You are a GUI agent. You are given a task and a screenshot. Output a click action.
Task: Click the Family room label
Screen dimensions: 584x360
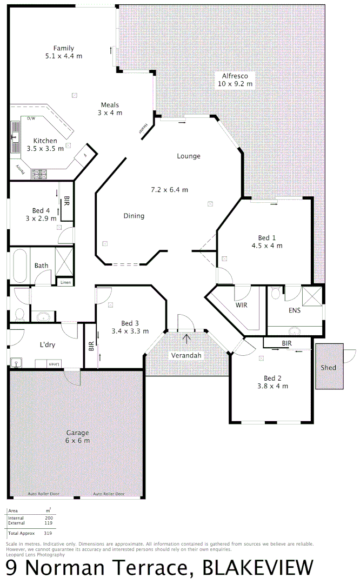[64, 48]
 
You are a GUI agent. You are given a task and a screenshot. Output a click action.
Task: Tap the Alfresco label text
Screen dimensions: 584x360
[235, 76]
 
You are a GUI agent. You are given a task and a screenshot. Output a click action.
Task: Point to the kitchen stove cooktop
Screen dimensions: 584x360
[39, 174]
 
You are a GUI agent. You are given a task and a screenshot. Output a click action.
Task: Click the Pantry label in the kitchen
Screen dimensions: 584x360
[20, 170]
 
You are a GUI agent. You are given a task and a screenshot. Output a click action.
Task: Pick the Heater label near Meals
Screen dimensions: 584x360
[144, 129]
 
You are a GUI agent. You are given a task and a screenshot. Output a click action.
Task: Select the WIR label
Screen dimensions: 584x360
[241, 305]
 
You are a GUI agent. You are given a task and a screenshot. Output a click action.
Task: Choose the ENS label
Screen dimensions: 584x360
[295, 310]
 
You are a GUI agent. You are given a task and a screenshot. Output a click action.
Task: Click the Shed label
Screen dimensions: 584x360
[328, 368]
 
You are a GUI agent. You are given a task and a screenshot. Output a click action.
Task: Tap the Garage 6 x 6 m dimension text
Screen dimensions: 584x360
[78, 440]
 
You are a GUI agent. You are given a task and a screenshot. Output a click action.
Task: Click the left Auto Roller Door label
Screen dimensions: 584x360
[44, 494]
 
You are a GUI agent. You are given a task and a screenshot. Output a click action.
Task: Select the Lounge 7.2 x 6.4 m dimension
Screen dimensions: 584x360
[169, 189]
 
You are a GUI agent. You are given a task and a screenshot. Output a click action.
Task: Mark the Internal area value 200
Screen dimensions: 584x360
[49, 518]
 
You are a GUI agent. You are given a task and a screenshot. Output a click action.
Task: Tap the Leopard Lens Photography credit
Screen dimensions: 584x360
[35, 554]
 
